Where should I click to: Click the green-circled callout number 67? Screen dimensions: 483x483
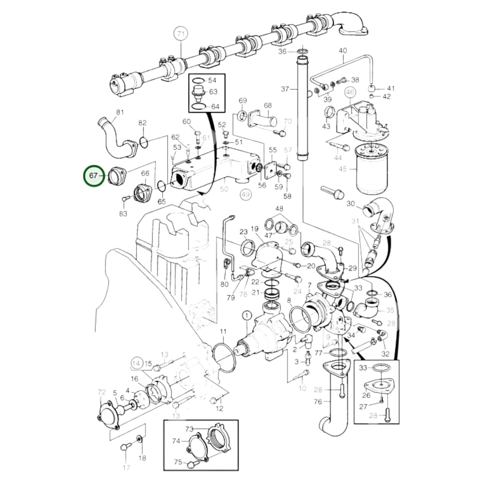pos(94,175)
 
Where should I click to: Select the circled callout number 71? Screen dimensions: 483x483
pos(180,34)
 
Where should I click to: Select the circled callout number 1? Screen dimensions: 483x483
pos(247,315)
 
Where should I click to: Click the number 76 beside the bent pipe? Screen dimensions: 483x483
pos(318,401)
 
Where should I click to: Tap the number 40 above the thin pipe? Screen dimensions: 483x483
pos(343,50)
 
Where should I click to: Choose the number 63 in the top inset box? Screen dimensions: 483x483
pos(213,92)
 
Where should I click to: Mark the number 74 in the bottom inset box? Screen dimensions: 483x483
pos(176,441)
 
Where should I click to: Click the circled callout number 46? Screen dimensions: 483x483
pos(350,92)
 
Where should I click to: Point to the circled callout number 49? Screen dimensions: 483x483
pos(246,195)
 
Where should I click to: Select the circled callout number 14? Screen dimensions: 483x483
pos(136,363)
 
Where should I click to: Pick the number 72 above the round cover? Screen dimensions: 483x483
pos(102,392)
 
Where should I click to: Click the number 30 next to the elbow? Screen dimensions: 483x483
pos(350,204)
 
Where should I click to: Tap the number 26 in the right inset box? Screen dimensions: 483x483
pos(366,395)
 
